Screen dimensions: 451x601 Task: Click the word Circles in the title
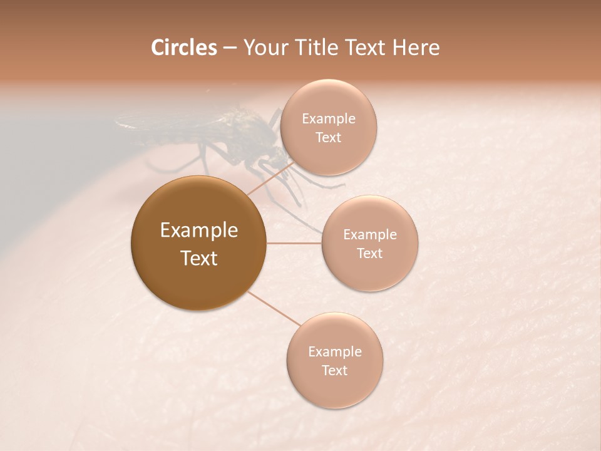(184, 48)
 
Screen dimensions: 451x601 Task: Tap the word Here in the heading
(416, 48)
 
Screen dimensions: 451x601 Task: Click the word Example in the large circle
(199, 231)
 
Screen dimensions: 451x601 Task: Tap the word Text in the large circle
(199, 258)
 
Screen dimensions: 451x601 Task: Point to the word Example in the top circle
(329, 119)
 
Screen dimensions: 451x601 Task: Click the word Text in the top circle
(329, 137)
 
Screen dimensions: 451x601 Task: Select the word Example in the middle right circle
(370, 235)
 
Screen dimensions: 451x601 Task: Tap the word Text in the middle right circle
(370, 253)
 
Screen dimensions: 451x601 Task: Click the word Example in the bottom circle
(335, 352)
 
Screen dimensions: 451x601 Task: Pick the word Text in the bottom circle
(335, 370)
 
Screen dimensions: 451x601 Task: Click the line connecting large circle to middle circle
(294, 242)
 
